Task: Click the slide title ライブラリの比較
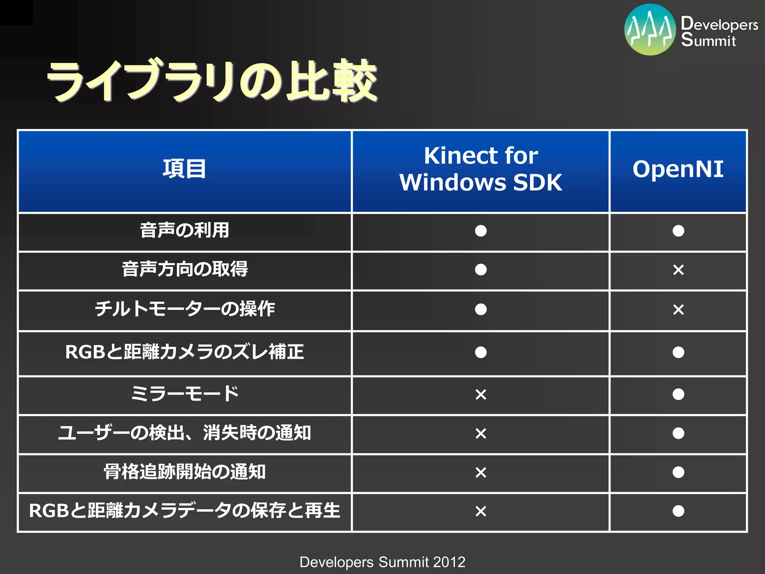coord(211,80)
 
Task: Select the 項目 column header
coord(185,169)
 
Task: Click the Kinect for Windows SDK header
coord(481,169)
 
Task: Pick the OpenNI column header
coord(678,169)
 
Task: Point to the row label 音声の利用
coord(185,230)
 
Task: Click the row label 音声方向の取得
coord(185,269)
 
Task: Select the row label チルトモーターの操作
coord(185,309)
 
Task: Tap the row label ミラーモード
coord(185,394)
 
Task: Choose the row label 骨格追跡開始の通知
coord(185,472)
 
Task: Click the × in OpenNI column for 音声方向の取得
coord(678,270)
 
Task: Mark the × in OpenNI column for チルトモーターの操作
coord(678,309)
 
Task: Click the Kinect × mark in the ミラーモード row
coord(481,395)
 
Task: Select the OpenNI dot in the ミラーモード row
coord(678,394)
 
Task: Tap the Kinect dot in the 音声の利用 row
coord(481,231)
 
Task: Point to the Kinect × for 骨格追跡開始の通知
coord(481,472)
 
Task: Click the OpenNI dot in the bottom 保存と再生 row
coord(678,511)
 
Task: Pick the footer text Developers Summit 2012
coord(382,562)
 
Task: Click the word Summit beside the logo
coord(708,40)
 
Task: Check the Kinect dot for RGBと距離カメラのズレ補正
coord(481,352)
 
